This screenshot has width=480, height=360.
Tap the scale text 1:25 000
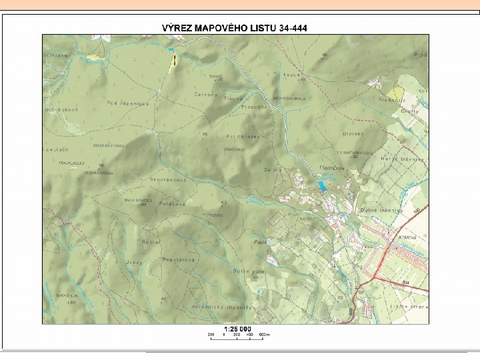click(x=237, y=329)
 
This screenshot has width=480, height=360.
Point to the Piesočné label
click(x=255, y=107)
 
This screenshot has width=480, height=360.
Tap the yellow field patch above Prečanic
click(x=396, y=94)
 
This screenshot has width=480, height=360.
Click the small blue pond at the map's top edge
click(x=171, y=50)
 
